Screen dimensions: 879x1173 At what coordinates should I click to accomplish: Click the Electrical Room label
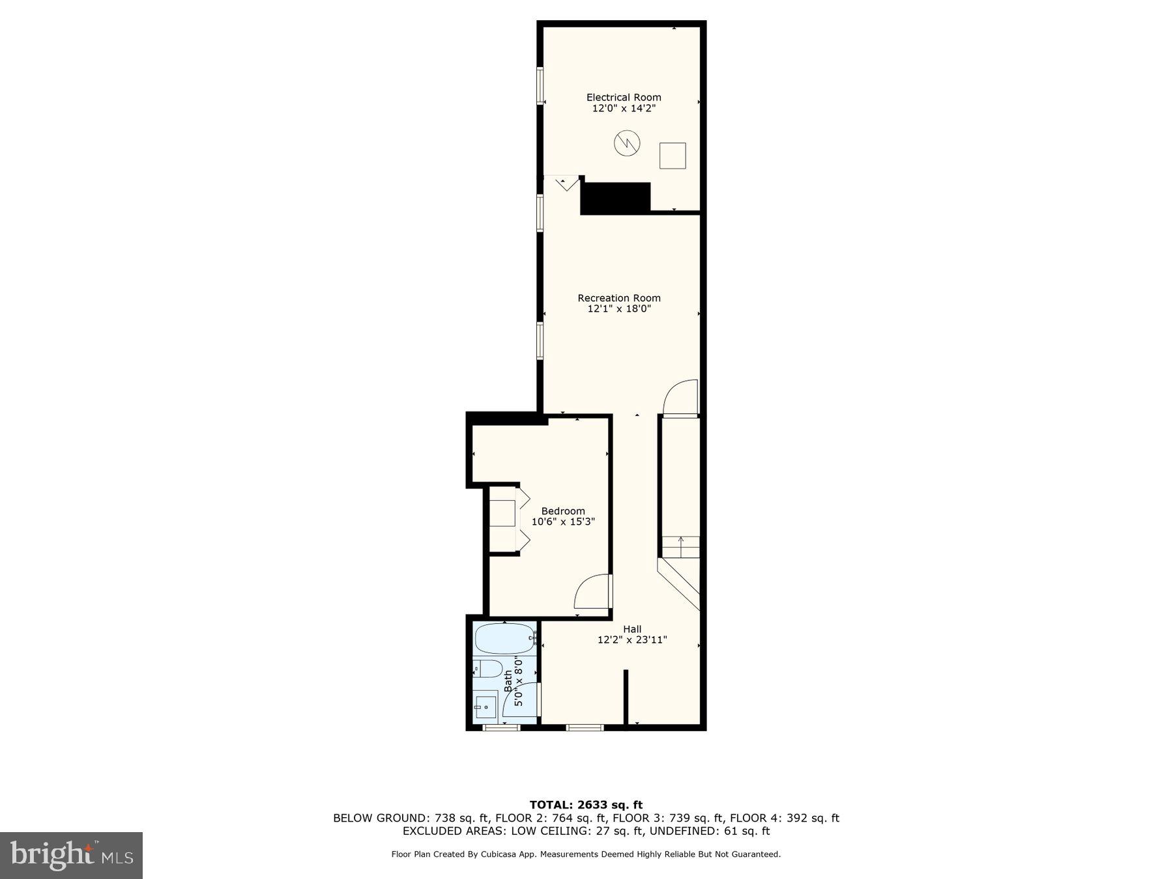coord(624,98)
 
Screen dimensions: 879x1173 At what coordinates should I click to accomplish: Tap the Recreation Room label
coord(619,298)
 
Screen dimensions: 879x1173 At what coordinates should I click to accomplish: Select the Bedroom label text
coord(563,511)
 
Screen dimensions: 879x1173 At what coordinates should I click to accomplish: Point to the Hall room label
coord(632,629)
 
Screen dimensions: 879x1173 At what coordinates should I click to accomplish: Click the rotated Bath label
coord(508,681)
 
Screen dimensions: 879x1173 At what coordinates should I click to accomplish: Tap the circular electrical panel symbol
coord(627,143)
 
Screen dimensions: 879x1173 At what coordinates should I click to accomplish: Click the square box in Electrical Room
coord(673,156)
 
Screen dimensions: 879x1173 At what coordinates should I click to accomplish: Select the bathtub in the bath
coord(505,639)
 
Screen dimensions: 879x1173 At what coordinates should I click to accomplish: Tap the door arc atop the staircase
coord(680,397)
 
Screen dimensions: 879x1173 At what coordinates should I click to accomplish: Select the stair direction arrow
coord(681,546)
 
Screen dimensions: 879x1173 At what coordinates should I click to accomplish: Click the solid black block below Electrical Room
coord(615,198)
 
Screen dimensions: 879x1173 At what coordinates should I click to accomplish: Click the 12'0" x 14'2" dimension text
coord(624,109)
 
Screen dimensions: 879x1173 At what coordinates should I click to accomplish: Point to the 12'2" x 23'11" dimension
coord(632,640)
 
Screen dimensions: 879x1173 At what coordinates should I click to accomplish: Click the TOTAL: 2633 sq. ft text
coord(586,805)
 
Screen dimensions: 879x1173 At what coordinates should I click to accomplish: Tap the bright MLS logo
coord(71,855)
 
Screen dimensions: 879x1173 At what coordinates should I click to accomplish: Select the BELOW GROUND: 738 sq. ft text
coord(411,818)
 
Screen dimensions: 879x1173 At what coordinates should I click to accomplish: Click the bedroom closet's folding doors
coord(523,518)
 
